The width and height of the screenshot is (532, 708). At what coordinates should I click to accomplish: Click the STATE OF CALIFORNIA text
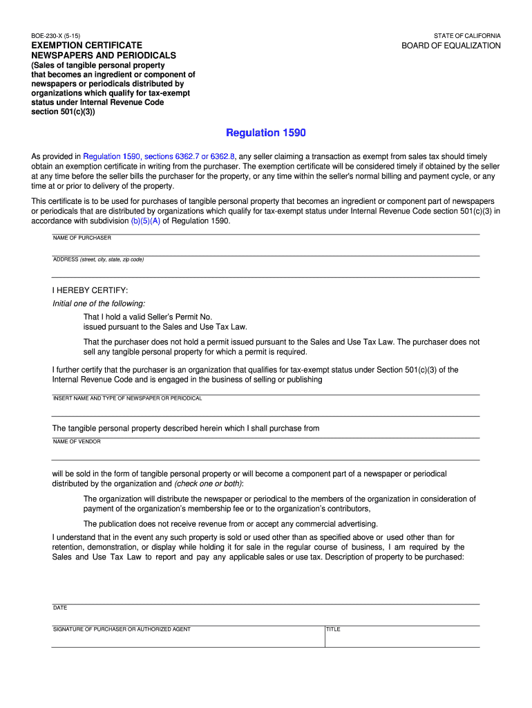pyautogui.click(x=467, y=35)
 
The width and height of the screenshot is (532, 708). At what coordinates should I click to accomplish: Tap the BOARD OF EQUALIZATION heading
pyautogui.click(x=451, y=46)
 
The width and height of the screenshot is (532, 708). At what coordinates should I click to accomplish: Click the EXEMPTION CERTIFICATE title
pyautogui.click(x=86, y=45)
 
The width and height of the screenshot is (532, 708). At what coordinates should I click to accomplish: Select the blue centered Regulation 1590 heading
pyautogui.click(x=266, y=132)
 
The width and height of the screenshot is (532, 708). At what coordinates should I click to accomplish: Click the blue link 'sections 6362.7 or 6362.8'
pyautogui.click(x=190, y=157)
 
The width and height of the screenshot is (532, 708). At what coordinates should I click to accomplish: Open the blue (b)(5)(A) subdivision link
pyautogui.click(x=145, y=221)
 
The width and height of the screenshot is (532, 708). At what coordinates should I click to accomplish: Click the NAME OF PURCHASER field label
pyautogui.click(x=82, y=238)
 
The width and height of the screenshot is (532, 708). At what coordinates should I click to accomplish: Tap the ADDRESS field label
pyautogui.click(x=98, y=260)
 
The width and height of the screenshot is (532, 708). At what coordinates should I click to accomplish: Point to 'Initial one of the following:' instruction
pyautogui.click(x=99, y=304)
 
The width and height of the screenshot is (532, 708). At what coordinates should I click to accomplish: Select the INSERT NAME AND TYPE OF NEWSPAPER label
pyautogui.click(x=127, y=398)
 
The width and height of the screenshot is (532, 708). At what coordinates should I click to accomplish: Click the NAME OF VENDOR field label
pyautogui.click(x=77, y=442)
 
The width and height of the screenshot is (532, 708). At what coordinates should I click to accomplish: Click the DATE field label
pyautogui.click(x=60, y=608)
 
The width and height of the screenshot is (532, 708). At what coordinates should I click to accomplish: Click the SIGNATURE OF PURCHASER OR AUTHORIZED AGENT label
pyautogui.click(x=122, y=629)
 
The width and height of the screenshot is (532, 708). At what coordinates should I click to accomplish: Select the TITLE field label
pyautogui.click(x=333, y=629)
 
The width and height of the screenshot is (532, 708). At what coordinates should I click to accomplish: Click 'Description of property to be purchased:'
pyautogui.click(x=395, y=557)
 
